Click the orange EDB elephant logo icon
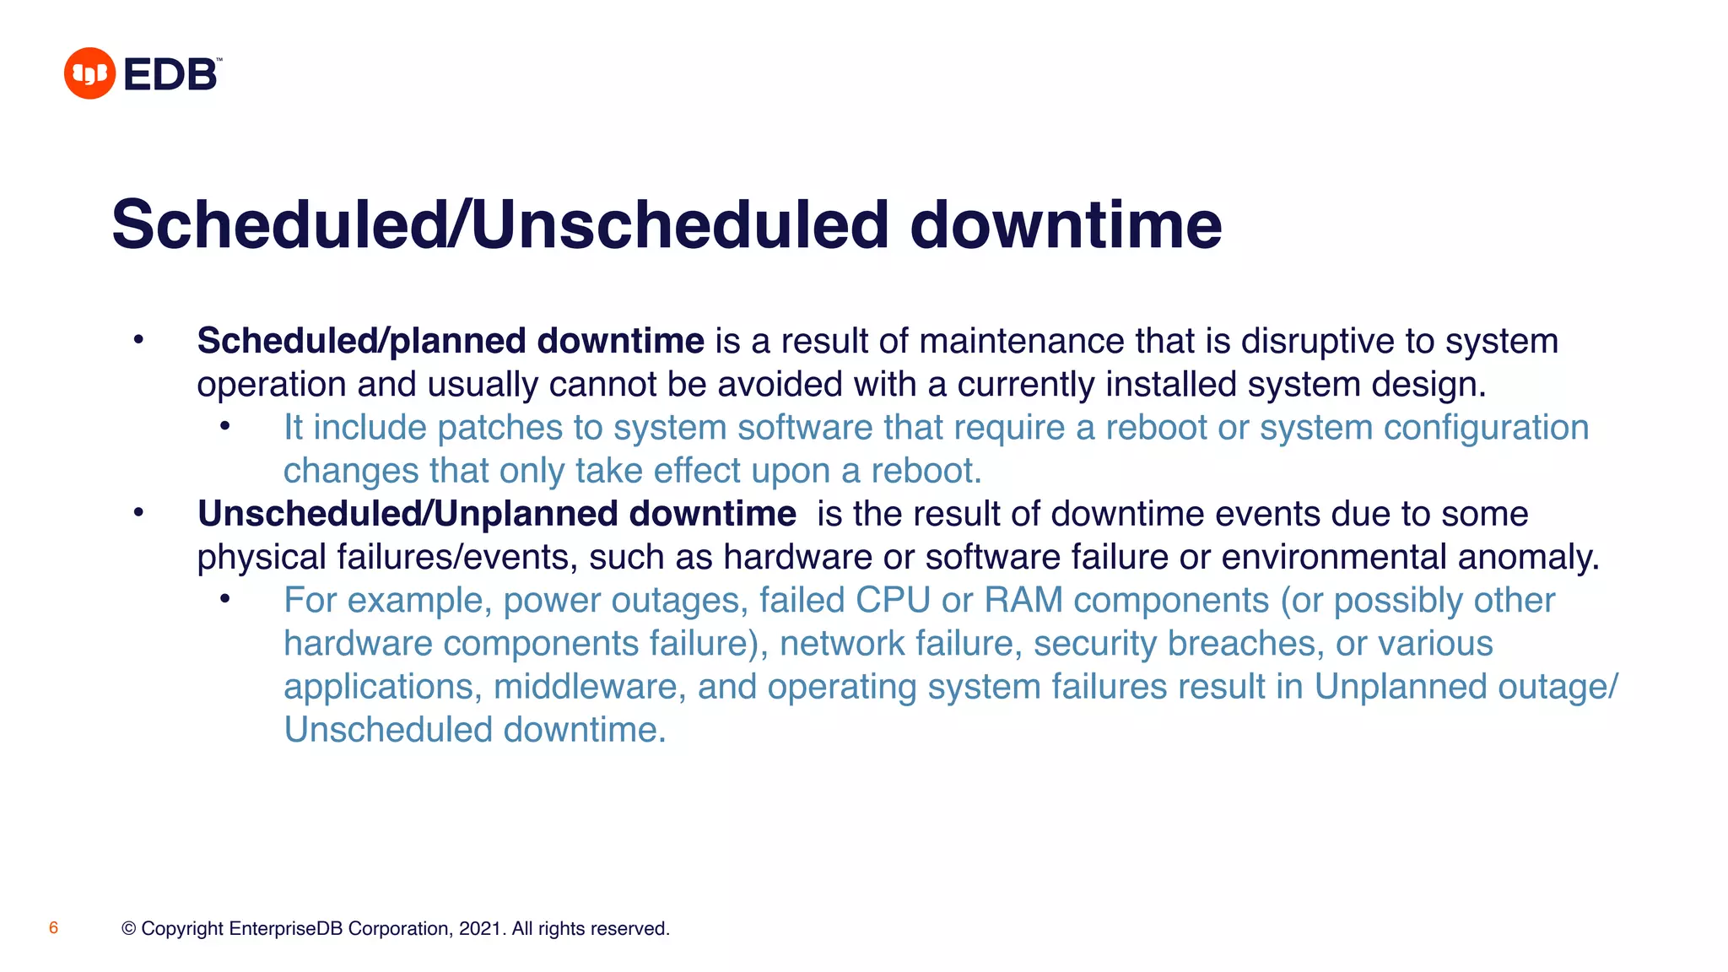click(x=89, y=73)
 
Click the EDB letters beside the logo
click(x=170, y=75)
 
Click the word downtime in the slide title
click(x=1066, y=225)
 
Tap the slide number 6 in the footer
click(x=53, y=928)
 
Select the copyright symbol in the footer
click(x=129, y=929)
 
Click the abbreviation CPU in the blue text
click(x=893, y=601)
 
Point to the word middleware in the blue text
click(x=586, y=687)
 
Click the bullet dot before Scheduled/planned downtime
click(x=139, y=340)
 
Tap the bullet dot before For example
click(x=224, y=599)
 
